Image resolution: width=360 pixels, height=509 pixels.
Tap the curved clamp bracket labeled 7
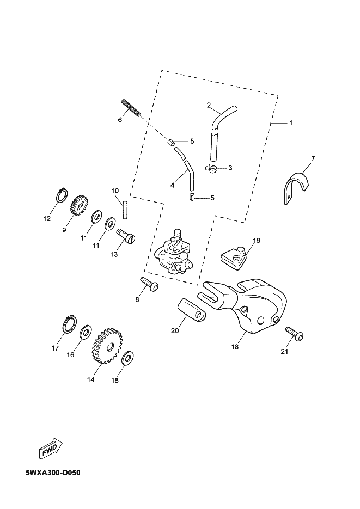click(x=297, y=185)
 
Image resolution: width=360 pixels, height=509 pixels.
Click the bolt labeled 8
click(x=149, y=284)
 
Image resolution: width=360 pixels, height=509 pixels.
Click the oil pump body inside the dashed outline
click(x=174, y=252)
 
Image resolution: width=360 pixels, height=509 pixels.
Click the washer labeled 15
click(x=127, y=358)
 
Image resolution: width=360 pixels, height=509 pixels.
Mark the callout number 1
click(x=290, y=124)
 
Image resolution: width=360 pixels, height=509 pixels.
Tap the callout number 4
click(x=172, y=185)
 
